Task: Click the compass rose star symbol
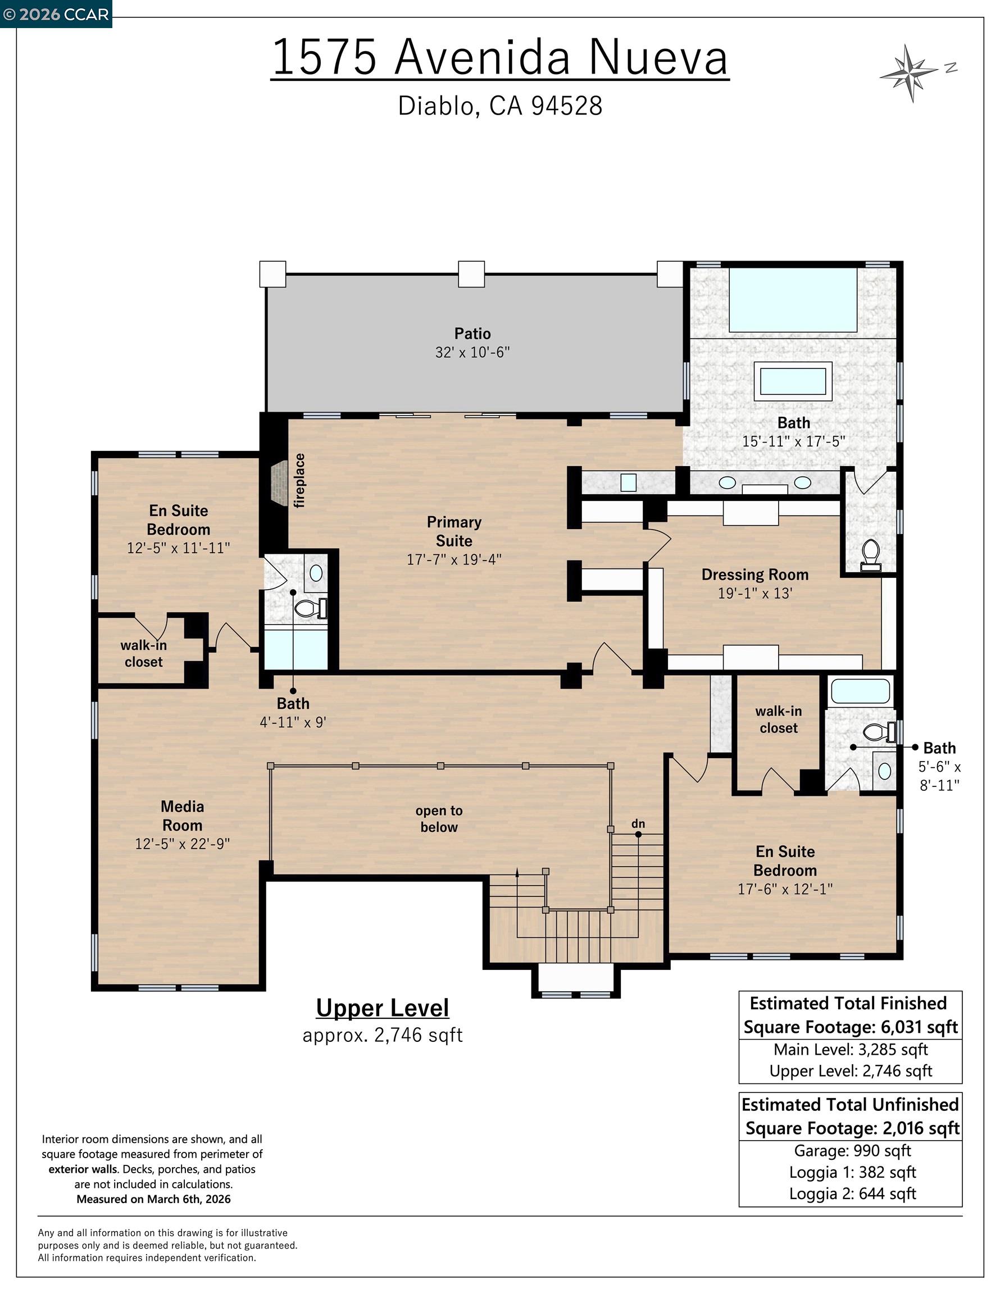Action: coord(909,73)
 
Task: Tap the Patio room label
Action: coord(472,333)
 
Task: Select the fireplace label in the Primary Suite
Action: coord(300,481)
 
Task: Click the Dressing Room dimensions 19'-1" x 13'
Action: coord(754,593)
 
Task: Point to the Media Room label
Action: coord(182,815)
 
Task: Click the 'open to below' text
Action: coord(439,819)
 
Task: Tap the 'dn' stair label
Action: coord(638,823)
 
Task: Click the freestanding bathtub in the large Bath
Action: coord(793,381)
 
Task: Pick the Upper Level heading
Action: coord(383,1008)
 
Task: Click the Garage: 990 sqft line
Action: coord(852,1151)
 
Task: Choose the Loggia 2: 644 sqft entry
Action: coord(852,1193)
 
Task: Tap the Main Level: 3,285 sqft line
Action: coord(851,1049)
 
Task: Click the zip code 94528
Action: coord(567,106)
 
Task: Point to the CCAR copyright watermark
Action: coord(56,14)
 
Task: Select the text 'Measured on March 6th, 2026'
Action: coord(153,1199)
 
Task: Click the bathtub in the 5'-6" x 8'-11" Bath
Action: coord(860,691)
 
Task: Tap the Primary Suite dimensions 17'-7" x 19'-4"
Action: coord(454,559)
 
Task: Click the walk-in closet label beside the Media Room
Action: coord(143,654)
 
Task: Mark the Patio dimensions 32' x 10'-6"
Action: coord(472,353)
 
